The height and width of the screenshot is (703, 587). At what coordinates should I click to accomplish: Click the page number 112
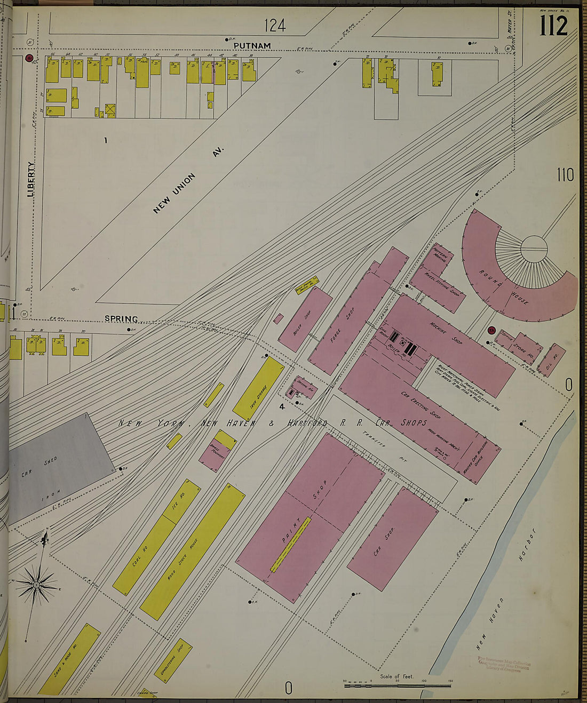click(x=553, y=25)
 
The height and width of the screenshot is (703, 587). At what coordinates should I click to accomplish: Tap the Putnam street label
click(x=252, y=46)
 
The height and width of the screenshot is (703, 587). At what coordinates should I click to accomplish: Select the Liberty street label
click(x=31, y=179)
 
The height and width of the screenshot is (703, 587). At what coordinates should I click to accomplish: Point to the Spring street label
click(x=121, y=319)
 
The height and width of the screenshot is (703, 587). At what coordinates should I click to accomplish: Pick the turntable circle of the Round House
click(x=534, y=249)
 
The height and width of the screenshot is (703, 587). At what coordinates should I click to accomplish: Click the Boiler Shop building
click(x=305, y=318)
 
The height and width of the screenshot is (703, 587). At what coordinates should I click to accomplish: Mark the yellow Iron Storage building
click(x=258, y=388)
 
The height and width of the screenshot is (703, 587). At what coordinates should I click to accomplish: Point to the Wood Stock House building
click(x=192, y=552)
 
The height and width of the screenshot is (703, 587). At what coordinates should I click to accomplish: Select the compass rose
click(x=36, y=585)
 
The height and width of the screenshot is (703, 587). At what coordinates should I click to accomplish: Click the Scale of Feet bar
click(x=397, y=684)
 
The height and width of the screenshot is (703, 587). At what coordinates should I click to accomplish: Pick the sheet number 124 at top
click(x=275, y=25)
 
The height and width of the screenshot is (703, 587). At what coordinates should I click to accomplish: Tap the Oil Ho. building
click(x=551, y=360)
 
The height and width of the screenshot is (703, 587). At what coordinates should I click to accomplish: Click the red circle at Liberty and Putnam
click(x=29, y=58)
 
